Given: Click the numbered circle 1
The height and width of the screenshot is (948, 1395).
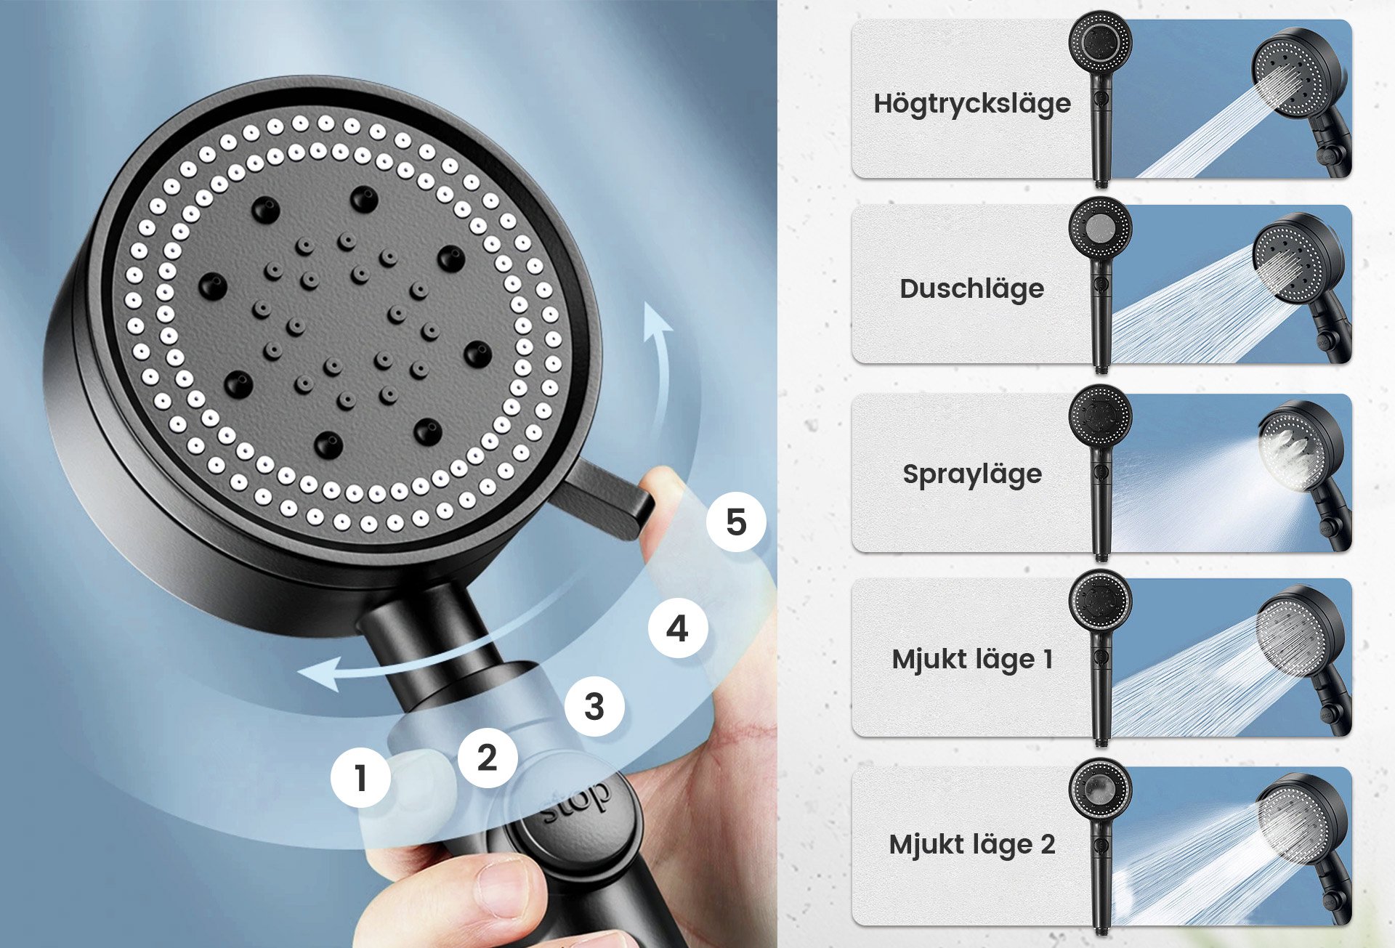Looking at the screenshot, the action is pos(360,778).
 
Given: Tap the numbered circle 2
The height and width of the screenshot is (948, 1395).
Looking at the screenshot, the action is pos(488,758).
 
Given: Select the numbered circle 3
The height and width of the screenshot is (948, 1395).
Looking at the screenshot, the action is pos(594,706).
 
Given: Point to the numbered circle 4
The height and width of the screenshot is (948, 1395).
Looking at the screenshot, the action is pos(678,628).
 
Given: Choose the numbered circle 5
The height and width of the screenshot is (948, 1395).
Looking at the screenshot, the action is pos(736,522).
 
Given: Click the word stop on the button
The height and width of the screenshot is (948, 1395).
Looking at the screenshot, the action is pos(576,803).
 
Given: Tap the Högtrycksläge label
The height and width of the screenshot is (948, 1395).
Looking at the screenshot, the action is pos(972,103).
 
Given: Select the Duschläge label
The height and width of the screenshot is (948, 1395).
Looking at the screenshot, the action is pos(972,288).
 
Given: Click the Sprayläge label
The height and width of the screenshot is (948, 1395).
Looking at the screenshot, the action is pos(972,474).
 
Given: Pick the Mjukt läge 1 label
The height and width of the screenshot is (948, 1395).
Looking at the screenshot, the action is pos(972,659).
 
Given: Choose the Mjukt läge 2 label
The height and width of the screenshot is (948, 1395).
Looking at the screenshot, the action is pos(972,844).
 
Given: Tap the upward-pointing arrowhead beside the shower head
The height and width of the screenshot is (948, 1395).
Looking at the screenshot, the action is pos(658,320).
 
